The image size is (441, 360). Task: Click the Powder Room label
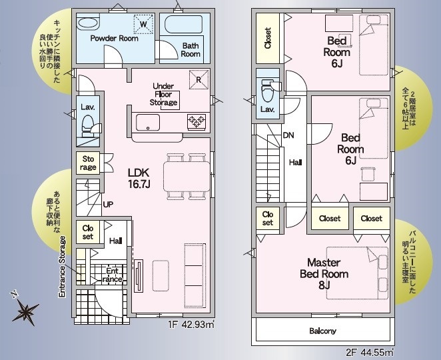coord(114,38)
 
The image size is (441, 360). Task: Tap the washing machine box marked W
coord(143,24)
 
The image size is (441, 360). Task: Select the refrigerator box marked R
coord(199,79)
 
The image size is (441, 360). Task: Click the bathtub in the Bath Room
coord(183,25)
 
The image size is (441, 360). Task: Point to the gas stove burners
coord(197,121)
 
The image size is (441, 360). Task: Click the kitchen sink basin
coord(148,123)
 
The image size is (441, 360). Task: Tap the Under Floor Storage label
coord(163,94)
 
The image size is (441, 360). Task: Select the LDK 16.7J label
coord(139,178)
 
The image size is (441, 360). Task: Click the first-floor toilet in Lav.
coord(88,125)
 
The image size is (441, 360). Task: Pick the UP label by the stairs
coord(108,205)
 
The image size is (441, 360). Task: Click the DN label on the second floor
coord(288,135)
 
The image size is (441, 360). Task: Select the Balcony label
coord(322,331)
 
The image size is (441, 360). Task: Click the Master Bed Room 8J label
coord(324,274)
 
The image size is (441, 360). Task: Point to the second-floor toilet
coord(268,91)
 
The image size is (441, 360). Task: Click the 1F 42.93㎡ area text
coord(191,325)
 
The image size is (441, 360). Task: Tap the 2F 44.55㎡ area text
coord(370,353)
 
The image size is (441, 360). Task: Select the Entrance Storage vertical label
coord(62,267)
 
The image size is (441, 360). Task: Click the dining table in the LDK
coord(187,177)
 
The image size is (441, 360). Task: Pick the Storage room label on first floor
coord(88,163)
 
